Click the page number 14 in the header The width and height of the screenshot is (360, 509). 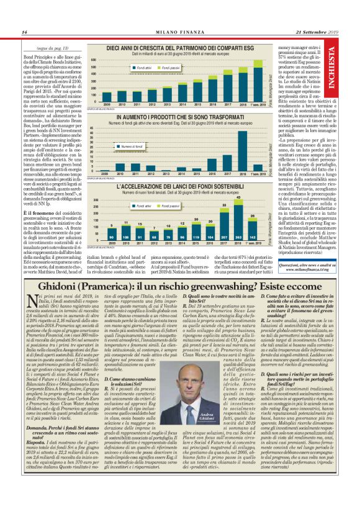(x=24, y=33)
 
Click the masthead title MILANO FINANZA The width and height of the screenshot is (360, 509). (x=179, y=33)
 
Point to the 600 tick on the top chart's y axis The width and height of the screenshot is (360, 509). (x=94, y=60)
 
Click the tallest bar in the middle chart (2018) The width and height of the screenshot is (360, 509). (x=241, y=149)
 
